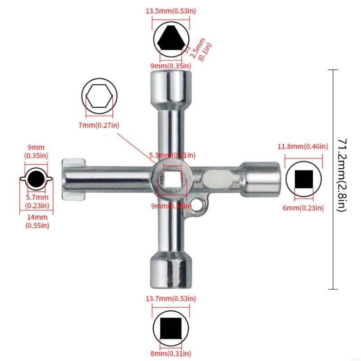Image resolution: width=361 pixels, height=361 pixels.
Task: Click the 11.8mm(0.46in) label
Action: coord(302,147)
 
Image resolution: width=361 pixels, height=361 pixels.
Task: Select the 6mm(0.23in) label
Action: coord(303,208)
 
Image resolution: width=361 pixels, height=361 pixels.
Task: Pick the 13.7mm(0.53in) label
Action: coord(170,299)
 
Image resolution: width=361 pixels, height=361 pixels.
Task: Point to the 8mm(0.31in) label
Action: coord(170,353)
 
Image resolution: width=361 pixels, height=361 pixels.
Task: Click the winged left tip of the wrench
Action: coord(72,179)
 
